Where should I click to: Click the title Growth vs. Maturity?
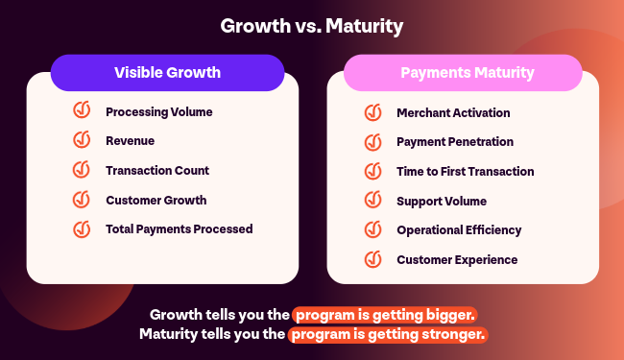click(x=312, y=26)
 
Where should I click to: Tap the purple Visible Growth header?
click(x=168, y=73)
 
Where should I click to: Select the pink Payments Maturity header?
click(x=463, y=73)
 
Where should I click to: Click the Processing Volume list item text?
click(x=158, y=112)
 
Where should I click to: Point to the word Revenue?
click(x=131, y=141)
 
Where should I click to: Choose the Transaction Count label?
click(x=157, y=171)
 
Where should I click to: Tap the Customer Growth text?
click(x=156, y=200)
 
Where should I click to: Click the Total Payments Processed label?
click(x=180, y=229)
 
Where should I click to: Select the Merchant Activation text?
click(x=453, y=113)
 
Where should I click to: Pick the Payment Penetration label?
click(x=455, y=142)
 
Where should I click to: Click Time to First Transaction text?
click(x=466, y=172)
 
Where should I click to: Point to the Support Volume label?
click(x=442, y=202)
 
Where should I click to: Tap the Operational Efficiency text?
click(x=459, y=230)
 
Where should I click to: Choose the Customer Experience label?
click(x=457, y=260)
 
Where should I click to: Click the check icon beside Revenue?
click(x=82, y=139)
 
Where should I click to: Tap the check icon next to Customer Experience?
click(x=372, y=259)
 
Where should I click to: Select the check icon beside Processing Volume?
click(x=82, y=109)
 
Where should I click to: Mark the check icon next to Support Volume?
click(x=372, y=200)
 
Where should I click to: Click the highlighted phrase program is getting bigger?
click(x=385, y=315)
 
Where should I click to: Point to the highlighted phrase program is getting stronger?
click(x=388, y=334)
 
